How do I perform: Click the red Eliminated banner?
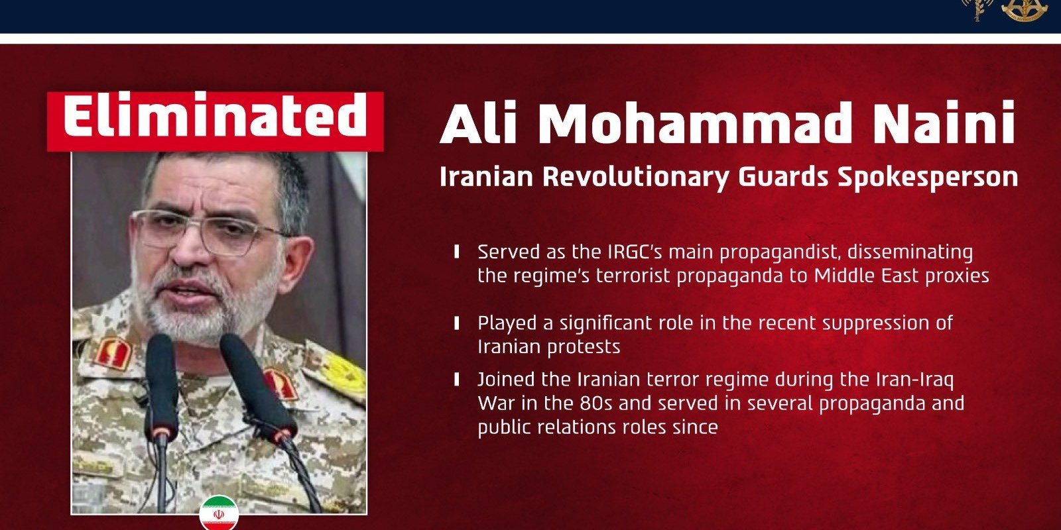click(x=215, y=121)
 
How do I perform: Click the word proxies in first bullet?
click(x=959, y=276)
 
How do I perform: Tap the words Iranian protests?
click(x=548, y=346)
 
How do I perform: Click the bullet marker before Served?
click(x=456, y=252)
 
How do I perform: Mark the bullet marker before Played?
click(x=456, y=323)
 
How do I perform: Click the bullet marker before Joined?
click(x=456, y=380)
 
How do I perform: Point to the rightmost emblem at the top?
click(x=1023, y=9)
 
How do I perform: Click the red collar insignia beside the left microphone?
click(x=111, y=352)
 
